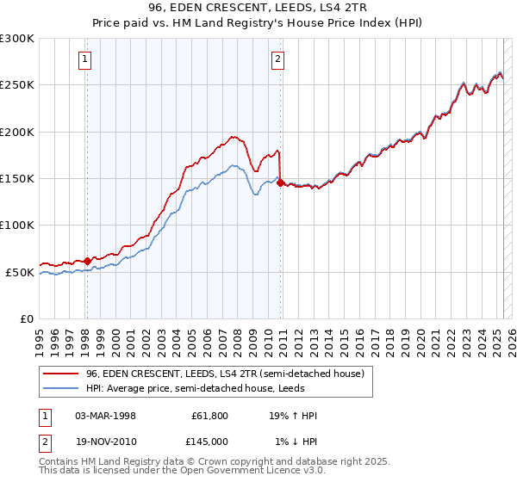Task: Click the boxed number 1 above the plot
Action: (x=86, y=59)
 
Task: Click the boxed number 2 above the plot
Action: (x=278, y=59)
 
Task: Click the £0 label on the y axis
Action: (x=26, y=318)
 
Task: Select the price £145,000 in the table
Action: (x=211, y=442)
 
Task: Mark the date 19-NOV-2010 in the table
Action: (x=106, y=442)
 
